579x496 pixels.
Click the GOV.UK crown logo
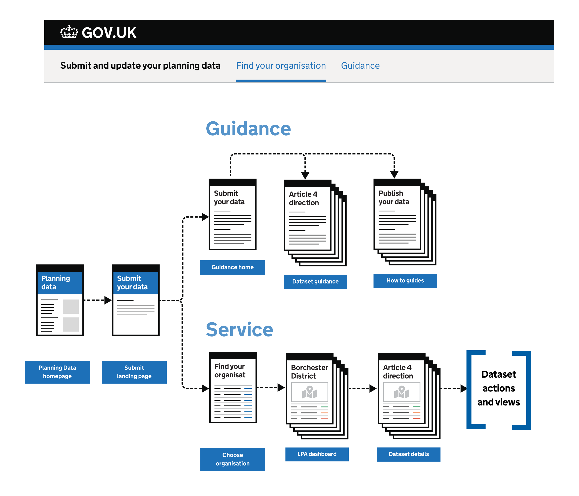pos(69,32)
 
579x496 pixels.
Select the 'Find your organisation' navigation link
pos(281,66)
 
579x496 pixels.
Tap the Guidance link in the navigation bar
pos(360,66)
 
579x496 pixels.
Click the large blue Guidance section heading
pos(248,129)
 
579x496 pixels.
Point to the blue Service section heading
pos(239,330)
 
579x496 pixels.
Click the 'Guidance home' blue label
pos(232,267)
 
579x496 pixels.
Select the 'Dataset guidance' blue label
pos(315,282)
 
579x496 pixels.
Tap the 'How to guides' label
pos(405,281)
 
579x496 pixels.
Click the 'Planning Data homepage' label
pos(57,372)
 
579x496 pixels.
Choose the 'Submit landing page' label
pos(134,372)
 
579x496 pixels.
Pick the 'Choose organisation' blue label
pos(232,459)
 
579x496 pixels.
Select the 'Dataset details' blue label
pos(408,454)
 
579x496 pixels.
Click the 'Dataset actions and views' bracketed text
pos(499,388)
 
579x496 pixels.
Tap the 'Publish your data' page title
pos(394,198)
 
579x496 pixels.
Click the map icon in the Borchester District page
pos(309,392)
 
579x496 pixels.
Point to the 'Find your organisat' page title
pos(230,371)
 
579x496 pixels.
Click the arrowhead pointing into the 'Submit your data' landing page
pos(108,300)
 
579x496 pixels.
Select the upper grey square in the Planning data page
pos(71,306)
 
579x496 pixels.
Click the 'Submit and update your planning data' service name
pos(140,66)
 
